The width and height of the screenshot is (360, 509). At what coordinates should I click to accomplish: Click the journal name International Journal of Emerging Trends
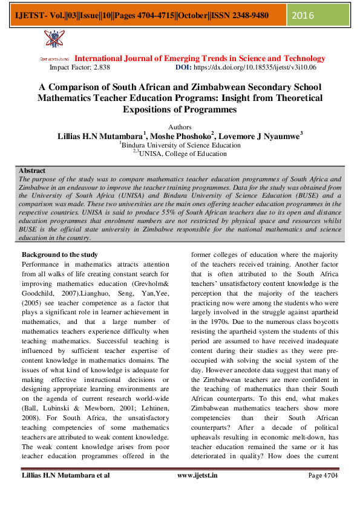pos(200,59)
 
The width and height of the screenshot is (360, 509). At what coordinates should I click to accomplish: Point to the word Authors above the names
pos(180,128)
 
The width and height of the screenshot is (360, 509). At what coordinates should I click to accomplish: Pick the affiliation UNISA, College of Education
pos(183,154)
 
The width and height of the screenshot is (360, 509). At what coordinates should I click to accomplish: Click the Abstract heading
pos(32,172)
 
